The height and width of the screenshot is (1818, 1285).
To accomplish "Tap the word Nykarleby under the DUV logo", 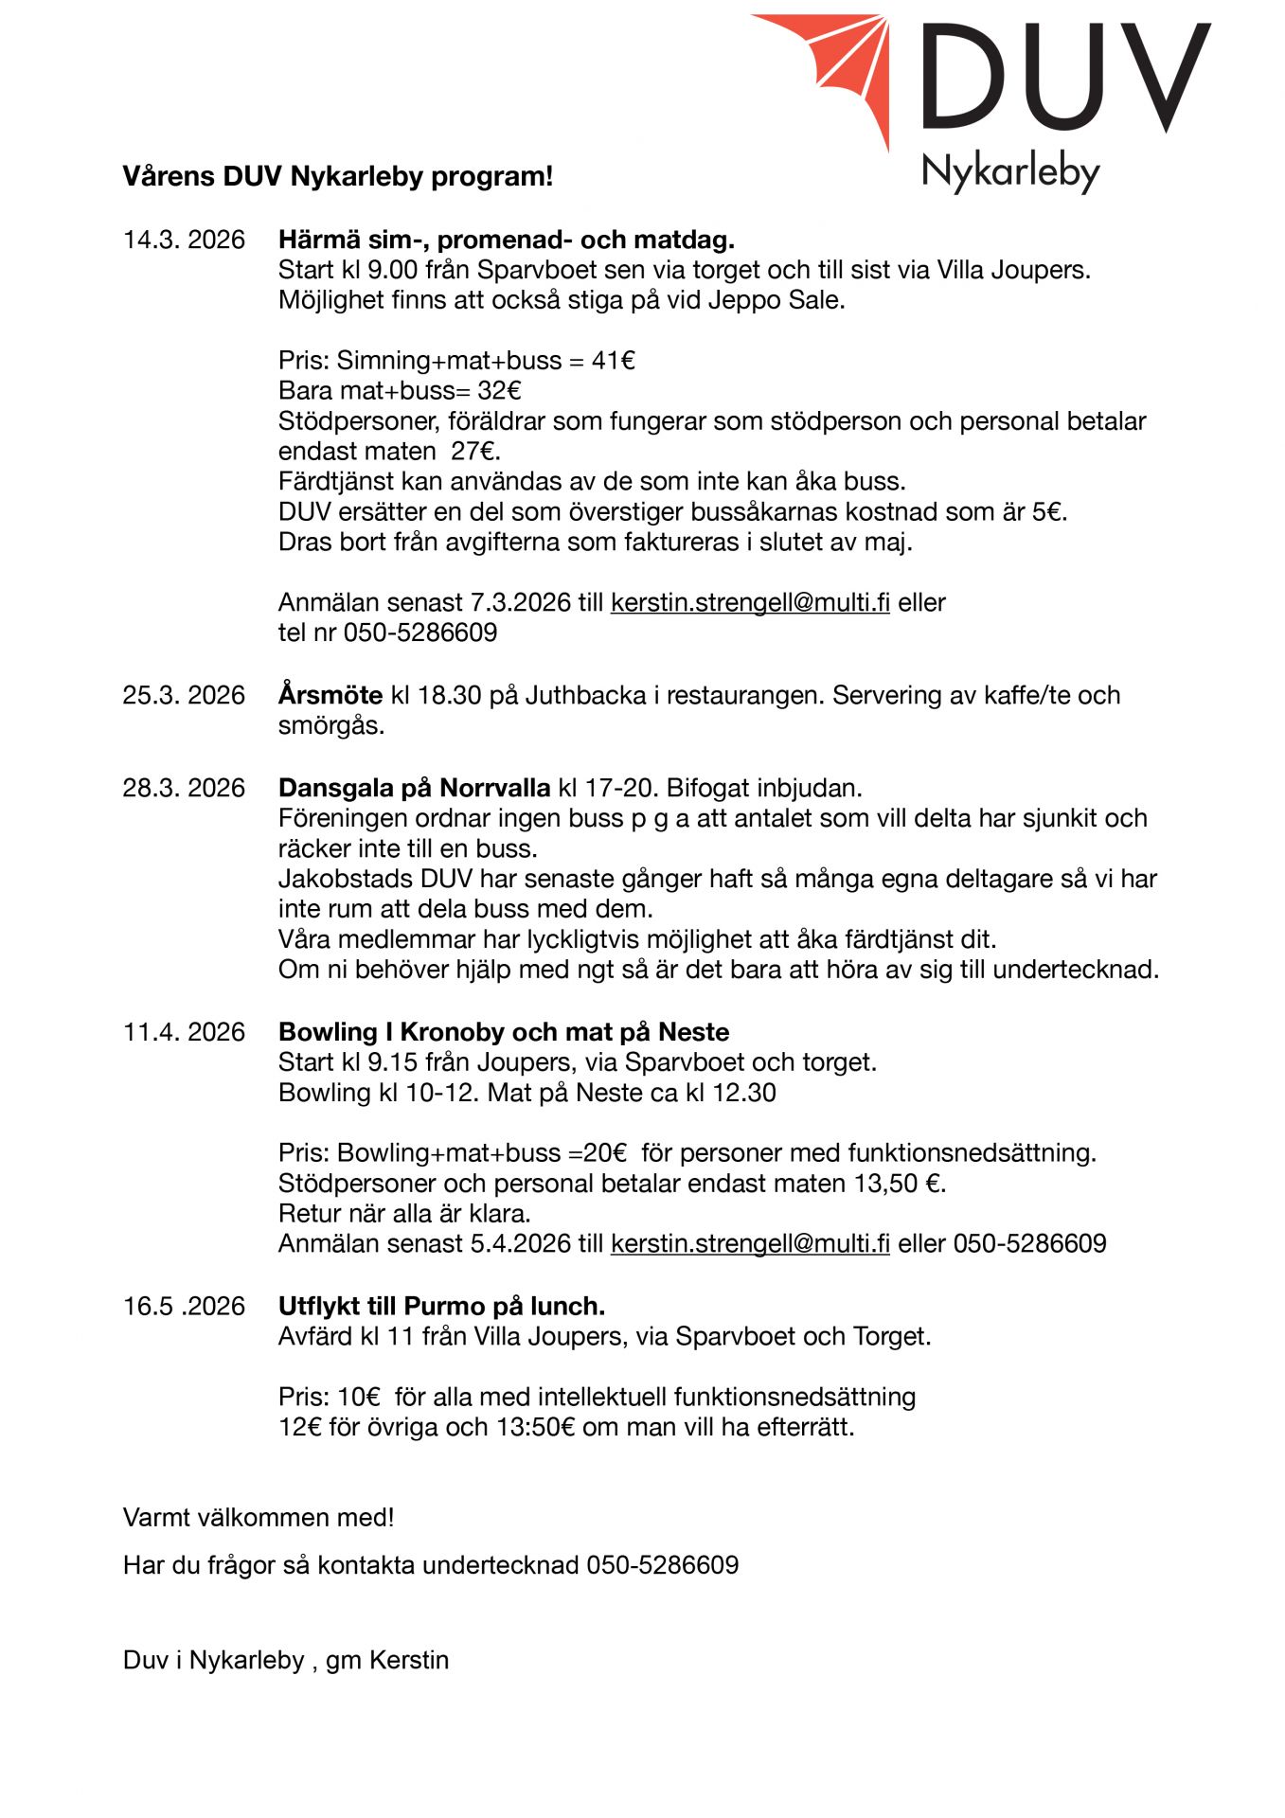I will coord(1010,172).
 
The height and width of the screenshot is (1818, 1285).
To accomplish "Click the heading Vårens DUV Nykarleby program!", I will coord(337,176).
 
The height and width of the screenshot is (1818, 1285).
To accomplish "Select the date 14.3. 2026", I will coord(184,240).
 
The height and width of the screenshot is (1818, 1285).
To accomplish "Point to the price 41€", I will coord(614,361).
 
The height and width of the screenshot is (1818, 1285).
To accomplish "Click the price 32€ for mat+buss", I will coord(499,391).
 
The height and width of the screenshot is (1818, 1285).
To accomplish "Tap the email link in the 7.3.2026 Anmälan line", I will coord(750,603).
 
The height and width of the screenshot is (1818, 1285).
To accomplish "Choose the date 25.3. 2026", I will coord(184,696).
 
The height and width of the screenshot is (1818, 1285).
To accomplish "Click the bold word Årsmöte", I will coord(330,696).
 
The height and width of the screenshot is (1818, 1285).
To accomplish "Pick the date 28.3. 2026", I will coord(184,789).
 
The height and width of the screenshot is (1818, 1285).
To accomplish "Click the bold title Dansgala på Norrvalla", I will coord(414,789).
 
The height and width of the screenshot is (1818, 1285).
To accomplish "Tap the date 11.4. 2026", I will coord(184,1033).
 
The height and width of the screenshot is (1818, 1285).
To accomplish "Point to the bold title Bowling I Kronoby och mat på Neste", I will coord(504,1033).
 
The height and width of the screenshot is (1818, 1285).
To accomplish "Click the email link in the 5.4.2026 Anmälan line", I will coord(750,1244).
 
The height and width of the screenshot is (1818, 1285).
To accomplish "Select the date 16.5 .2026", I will coord(184,1307).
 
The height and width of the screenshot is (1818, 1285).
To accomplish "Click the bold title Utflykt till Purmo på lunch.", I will coord(441,1307).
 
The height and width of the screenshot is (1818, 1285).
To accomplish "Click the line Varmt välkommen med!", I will coord(259,1518).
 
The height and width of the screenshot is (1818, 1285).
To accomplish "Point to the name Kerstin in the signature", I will coord(409,1661).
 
